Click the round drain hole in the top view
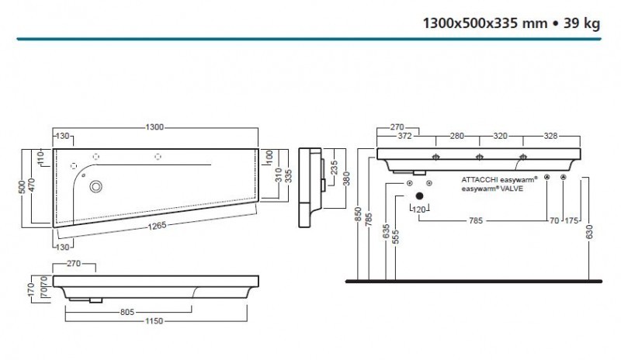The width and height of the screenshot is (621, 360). coord(97,186)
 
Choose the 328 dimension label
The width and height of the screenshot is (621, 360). coord(551,136)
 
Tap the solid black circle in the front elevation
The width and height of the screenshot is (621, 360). coord(419,196)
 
